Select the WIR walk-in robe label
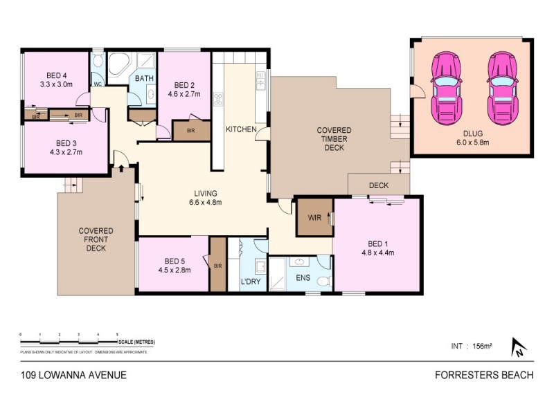click(x=314, y=217)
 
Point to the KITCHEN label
click(x=242, y=129)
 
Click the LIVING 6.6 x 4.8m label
click(x=206, y=198)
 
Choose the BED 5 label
click(x=174, y=266)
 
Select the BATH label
click(x=144, y=79)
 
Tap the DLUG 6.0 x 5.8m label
click(x=472, y=138)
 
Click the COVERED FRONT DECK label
click(x=96, y=239)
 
